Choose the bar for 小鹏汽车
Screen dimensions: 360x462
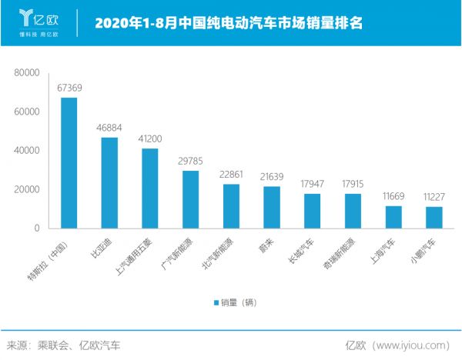[434, 218]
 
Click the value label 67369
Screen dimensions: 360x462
[69, 88]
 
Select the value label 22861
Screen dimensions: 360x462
[231, 175]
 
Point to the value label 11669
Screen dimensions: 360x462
[393, 196]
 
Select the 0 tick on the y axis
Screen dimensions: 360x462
[35, 228]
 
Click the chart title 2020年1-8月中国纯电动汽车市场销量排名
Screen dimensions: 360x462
[229, 22]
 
